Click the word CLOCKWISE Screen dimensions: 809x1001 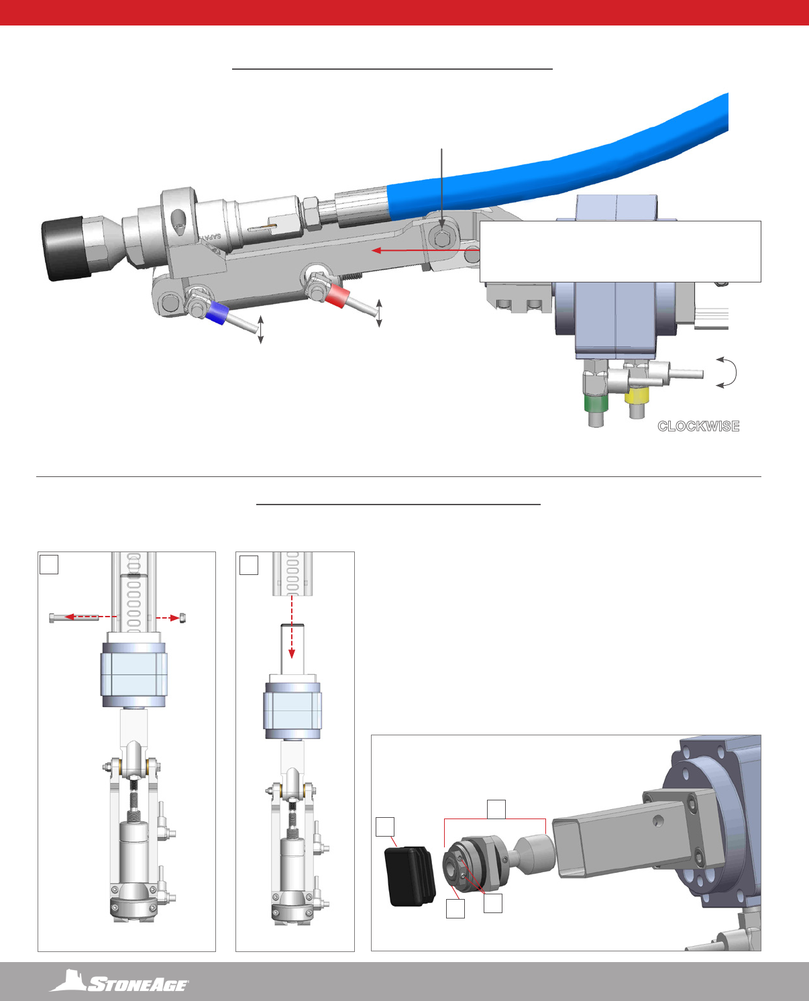tap(698, 426)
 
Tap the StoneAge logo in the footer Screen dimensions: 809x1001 tap(119, 981)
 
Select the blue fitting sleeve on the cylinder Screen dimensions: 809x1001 tap(217, 313)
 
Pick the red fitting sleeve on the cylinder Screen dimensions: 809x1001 tap(337, 295)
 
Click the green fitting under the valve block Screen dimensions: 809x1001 tap(596, 403)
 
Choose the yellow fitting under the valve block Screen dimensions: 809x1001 tap(637, 396)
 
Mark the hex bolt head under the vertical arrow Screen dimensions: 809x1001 tap(441, 239)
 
